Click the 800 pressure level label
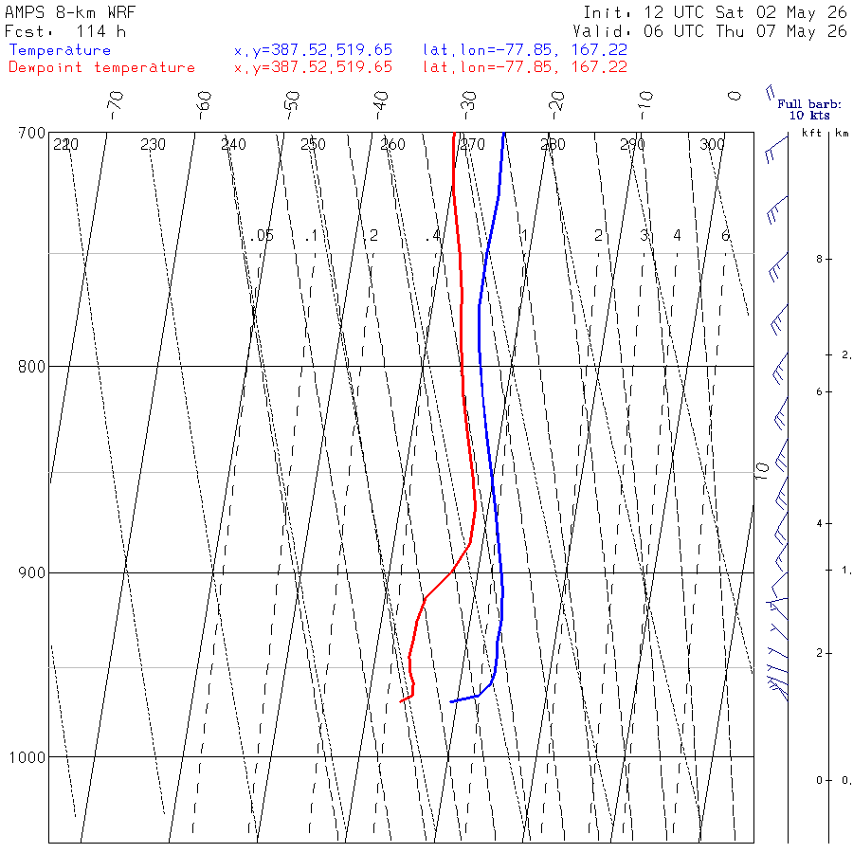(31, 366)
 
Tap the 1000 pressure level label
(27, 756)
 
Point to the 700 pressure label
(31, 133)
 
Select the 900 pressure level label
(31, 572)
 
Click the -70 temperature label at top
(116, 105)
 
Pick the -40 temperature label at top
(381, 105)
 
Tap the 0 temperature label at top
(735, 97)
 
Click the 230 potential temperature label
(153, 144)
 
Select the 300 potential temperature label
(712, 144)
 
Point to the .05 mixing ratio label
(262, 236)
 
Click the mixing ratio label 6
(725, 236)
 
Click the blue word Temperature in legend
(60, 50)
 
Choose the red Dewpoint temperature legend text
(101, 67)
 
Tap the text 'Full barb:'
(809, 104)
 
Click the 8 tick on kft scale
(819, 259)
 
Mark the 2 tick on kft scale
(819, 653)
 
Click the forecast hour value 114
(90, 31)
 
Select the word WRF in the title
(120, 12)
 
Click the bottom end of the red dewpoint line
(400, 701)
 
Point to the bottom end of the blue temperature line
(450, 701)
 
